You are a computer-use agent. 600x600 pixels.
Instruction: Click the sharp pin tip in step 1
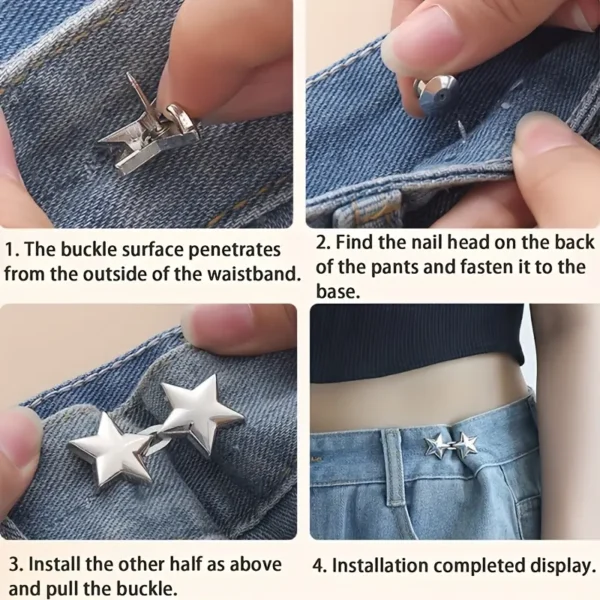pyautogui.click(x=129, y=75)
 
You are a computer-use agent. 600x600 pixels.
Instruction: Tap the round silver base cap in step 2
pyautogui.click(x=436, y=96)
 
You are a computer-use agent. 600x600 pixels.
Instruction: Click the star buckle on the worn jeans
pyautogui.click(x=451, y=446)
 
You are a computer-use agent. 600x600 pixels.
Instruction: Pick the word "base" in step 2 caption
pyautogui.click(x=338, y=292)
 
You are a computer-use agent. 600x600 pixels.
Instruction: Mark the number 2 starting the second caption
pyautogui.click(x=321, y=243)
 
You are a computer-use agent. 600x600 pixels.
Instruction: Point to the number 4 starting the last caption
pyautogui.click(x=318, y=566)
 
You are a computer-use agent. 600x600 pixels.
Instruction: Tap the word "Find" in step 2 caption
pyautogui.click(x=355, y=242)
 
